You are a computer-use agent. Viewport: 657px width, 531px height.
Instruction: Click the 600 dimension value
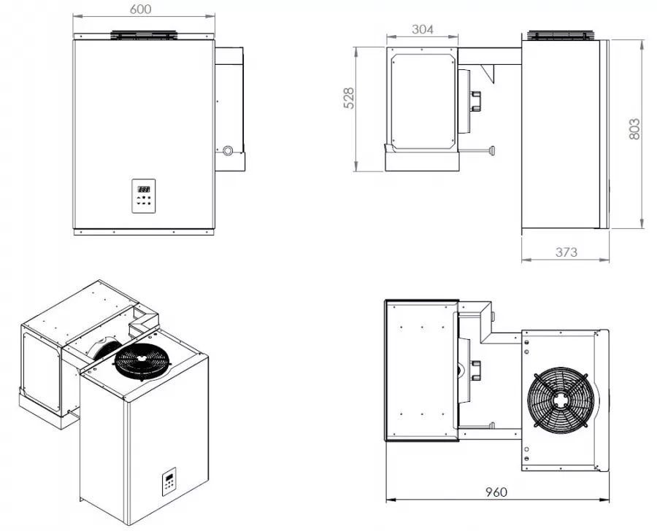click(140, 9)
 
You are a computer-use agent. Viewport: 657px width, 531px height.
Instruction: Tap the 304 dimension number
click(423, 29)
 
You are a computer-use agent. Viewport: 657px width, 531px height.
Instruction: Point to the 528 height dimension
click(349, 98)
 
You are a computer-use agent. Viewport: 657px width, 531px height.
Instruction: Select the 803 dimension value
click(634, 129)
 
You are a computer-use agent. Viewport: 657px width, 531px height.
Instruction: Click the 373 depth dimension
click(566, 252)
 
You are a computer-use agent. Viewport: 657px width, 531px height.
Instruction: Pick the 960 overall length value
click(496, 492)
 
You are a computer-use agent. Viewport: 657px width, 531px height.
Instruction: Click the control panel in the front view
click(144, 196)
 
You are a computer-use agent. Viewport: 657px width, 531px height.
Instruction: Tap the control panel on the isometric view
click(169, 481)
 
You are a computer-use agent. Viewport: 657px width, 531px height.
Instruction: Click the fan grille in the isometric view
click(142, 361)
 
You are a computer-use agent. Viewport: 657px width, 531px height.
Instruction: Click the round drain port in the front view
click(228, 150)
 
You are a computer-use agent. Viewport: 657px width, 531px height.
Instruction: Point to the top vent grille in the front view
click(143, 35)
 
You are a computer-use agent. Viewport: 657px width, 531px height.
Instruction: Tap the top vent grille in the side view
click(561, 35)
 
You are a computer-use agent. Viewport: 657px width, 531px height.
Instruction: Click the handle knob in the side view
click(492, 150)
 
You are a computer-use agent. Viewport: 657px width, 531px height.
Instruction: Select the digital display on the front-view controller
click(143, 190)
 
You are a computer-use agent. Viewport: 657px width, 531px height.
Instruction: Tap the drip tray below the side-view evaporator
click(422, 160)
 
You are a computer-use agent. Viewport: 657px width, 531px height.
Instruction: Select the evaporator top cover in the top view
click(421, 371)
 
